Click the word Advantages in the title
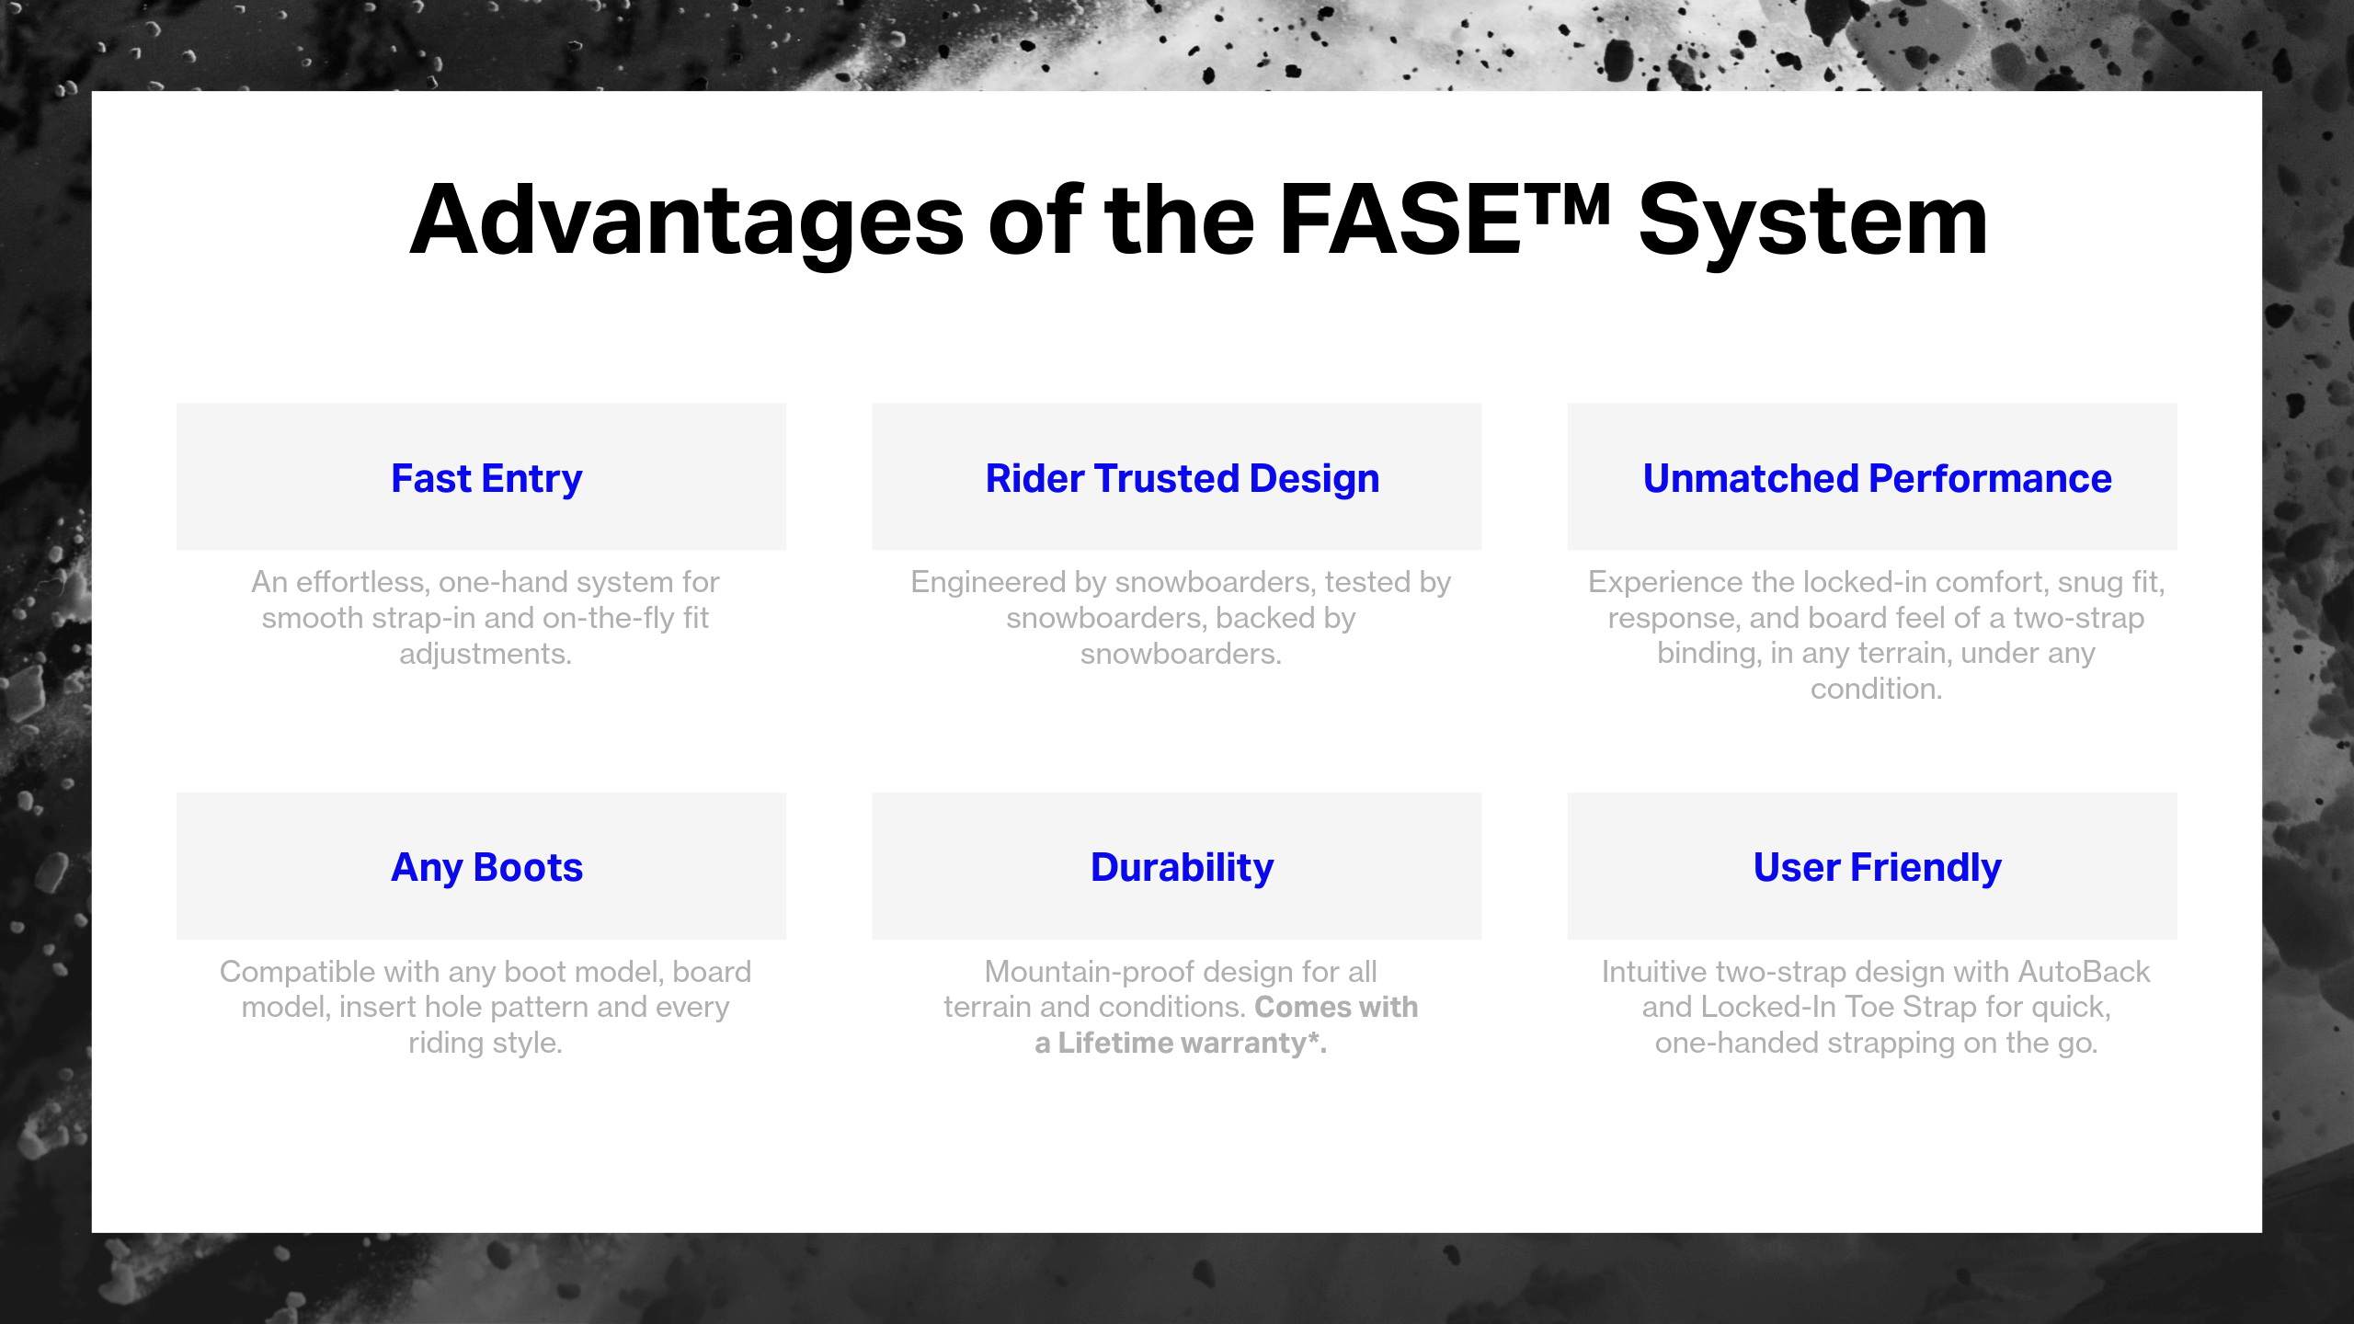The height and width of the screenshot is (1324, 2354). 686,221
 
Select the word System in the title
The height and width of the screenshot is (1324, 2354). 1812,221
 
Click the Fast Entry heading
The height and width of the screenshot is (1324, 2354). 486,478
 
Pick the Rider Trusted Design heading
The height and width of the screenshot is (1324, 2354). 1182,478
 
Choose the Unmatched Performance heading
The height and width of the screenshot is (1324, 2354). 1877,478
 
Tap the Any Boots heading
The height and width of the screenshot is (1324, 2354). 486,867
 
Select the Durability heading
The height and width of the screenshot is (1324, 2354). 1182,867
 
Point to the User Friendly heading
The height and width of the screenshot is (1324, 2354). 1877,867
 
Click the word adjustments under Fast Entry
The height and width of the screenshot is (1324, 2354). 485,654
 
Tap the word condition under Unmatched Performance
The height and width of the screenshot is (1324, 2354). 1875,689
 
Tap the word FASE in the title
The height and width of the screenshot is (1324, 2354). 1399,221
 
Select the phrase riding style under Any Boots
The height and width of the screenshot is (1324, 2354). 485,1044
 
